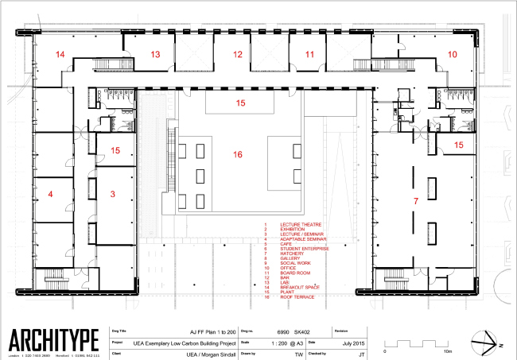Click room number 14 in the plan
(60, 54)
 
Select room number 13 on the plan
(156, 54)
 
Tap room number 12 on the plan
(237, 54)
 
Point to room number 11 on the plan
(309, 54)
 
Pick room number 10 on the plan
(452, 54)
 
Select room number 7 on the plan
(414, 203)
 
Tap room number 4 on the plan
(50, 193)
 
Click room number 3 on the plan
(112, 193)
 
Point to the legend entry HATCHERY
(293, 254)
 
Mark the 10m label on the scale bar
(448, 350)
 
